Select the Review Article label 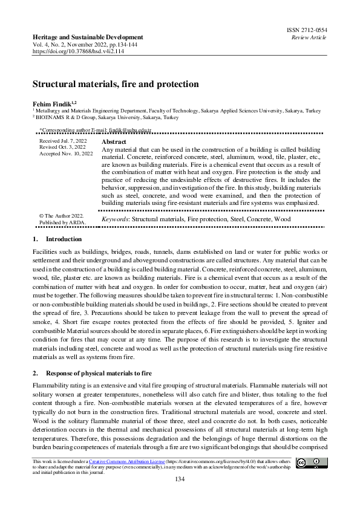tap(310, 37)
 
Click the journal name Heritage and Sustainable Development tap(88, 37)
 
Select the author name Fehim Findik tap(53, 104)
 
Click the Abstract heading tap(114, 141)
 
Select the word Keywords tap(115, 218)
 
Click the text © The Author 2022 tap(61, 215)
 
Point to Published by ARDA tap(62, 222)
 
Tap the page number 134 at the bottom tap(180, 479)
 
